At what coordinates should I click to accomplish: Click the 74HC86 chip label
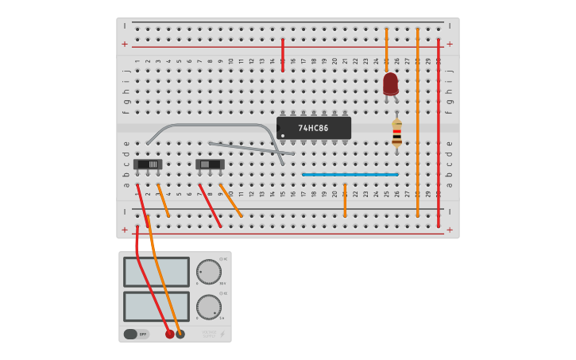pyautogui.click(x=313, y=128)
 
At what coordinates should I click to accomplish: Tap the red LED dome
pyautogui.click(x=390, y=83)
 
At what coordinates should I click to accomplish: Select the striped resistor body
pyautogui.click(x=396, y=133)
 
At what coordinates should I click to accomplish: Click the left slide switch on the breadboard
pyautogui.click(x=148, y=165)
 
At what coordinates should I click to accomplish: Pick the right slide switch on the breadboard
pyautogui.click(x=210, y=165)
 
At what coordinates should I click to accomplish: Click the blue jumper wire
pyautogui.click(x=350, y=174)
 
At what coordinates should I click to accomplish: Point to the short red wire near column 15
pyautogui.click(x=282, y=54)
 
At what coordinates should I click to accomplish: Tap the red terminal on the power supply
pyautogui.click(x=169, y=334)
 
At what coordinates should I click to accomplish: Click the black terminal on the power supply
pyautogui.click(x=180, y=334)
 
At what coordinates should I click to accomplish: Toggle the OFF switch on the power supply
pyautogui.click(x=136, y=334)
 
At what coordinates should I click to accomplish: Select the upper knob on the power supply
pyautogui.click(x=209, y=271)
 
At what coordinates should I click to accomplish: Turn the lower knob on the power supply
pyautogui.click(x=209, y=307)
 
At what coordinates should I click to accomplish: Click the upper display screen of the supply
pyautogui.click(x=157, y=272)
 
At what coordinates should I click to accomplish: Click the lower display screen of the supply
pyautogui.click(x=157, y=307)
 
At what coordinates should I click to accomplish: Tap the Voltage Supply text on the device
pyautogui.click(x=208, y=334)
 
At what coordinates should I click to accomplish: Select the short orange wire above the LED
pyautogui.click(x=386, y=49)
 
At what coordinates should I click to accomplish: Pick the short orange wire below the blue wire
pyautogui.click(x=345, y=200)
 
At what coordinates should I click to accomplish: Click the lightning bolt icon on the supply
pyautogui.click(x=222, y=334)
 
